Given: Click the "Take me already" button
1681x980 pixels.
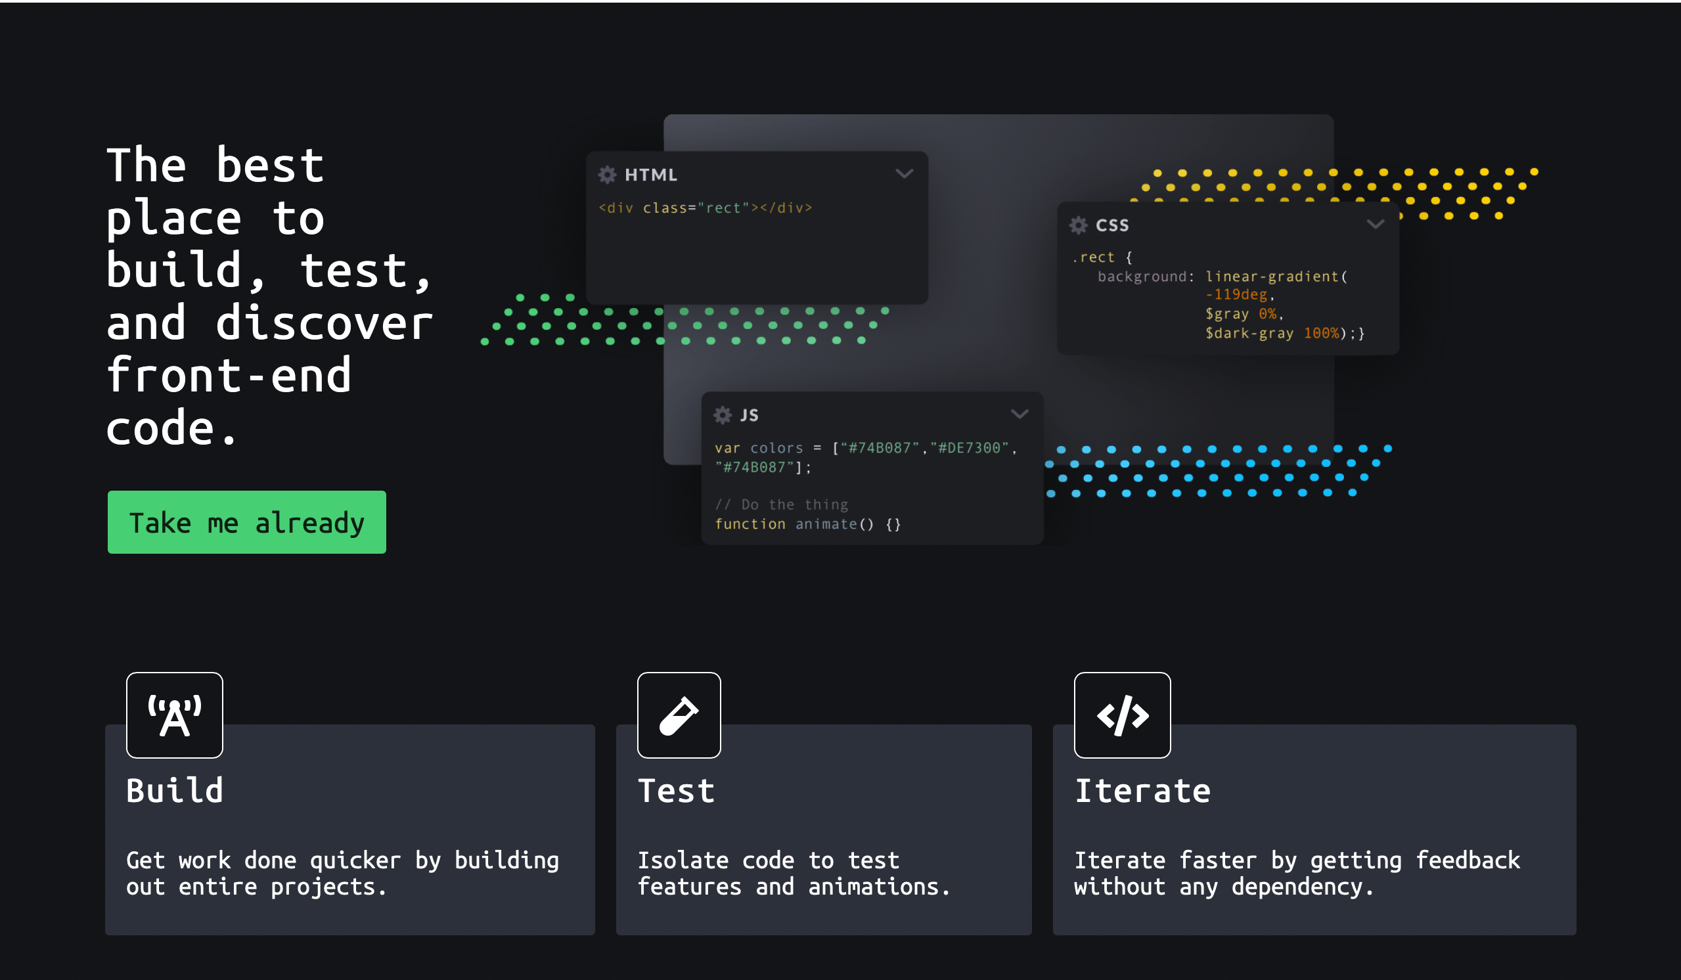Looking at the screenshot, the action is coord(247,522).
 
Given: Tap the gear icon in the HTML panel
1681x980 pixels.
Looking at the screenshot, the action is coord(607,175).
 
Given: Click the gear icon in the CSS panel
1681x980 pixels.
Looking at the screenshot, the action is coord(1079,225).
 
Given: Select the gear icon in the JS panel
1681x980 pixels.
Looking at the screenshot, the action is coord(723,415).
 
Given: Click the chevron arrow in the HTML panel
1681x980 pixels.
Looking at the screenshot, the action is coord(904,174).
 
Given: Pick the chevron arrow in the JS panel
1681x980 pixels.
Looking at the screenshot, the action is coord(1020,414).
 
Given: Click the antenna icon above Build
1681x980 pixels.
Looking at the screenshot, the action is coord(175,715).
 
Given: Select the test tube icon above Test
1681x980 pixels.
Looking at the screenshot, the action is coord(679,715).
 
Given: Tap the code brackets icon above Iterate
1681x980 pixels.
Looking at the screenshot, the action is coord(1123,715).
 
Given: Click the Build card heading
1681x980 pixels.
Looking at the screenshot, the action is coord(175,791).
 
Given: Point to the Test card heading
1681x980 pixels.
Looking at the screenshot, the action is coord(677,791).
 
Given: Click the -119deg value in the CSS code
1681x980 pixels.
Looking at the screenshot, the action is coord(1236,295).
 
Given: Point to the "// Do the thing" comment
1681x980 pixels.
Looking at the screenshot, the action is coord(781,505).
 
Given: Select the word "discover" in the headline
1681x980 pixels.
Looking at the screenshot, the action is coord(325,324).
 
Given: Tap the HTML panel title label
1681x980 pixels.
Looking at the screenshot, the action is coord(651,175).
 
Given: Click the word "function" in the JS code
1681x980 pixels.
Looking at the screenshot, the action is coord(750,524).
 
